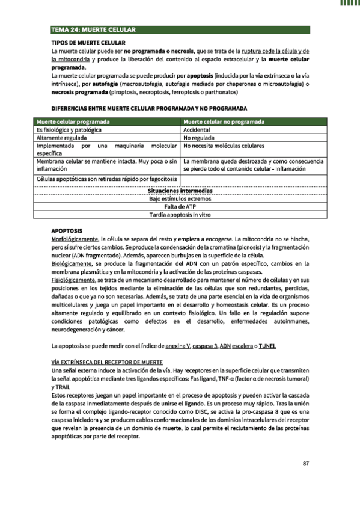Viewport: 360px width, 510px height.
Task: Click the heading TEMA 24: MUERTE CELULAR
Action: click(93, 29)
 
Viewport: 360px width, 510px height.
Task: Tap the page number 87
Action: click(305, 463)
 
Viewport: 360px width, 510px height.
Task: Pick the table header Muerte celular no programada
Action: click(224, 121)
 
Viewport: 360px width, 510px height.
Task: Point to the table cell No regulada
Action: click(199, 138)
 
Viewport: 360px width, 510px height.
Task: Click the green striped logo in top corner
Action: click(350, 4)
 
